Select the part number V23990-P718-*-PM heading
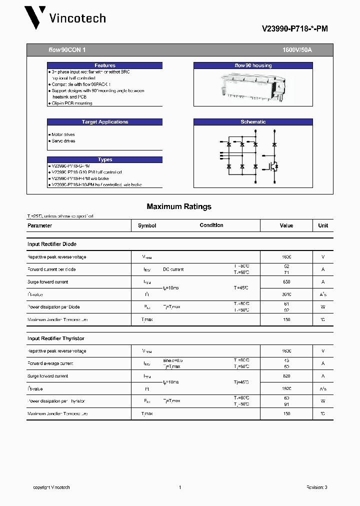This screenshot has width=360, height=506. [294, 29]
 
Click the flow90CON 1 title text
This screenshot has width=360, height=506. [67, 50]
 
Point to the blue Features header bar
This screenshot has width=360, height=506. [104, 65]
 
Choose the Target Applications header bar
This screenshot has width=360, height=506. [104, 122]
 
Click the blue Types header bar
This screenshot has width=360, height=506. [104, 159]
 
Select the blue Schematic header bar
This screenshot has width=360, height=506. [253, 122]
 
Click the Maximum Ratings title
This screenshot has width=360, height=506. [179, 206]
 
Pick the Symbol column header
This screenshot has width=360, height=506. [147, 225]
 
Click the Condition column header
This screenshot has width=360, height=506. [211, 225]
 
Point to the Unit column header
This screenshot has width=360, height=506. [323, 225]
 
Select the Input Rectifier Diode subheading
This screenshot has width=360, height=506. [52, 244]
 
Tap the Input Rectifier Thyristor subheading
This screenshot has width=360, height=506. [55, 338]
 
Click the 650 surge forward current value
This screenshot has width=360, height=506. [286, 282]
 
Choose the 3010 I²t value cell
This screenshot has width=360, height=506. [286, 294]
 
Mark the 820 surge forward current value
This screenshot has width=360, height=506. [286, 376]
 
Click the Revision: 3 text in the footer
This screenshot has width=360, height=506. [316, 487]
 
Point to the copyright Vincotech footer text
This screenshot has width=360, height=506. [51, 487]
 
